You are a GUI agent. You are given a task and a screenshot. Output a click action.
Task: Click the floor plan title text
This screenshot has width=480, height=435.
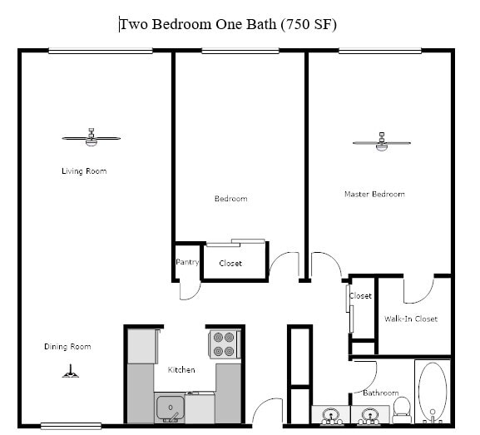tap(228, 24)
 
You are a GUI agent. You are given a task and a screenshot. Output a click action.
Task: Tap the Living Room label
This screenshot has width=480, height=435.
tap(84, 171)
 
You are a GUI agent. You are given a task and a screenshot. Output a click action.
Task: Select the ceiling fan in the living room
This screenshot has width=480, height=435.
tap(91, 137)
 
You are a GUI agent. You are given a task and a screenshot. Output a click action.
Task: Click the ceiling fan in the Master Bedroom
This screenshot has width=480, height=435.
tap(381, 142)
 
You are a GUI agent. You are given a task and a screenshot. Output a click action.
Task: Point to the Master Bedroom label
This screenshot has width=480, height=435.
tap(374, 194)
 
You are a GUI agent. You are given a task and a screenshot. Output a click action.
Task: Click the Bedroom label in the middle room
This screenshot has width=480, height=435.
tap(230, 199)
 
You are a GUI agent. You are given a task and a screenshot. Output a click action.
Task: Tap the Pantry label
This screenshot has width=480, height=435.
tap(187, 262)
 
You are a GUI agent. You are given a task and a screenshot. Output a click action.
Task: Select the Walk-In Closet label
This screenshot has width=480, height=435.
tap(410, 319)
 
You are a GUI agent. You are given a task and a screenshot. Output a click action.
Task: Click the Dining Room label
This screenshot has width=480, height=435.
tap(67, 347)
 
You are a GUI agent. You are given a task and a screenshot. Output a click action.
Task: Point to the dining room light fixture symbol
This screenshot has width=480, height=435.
tap(71, 372)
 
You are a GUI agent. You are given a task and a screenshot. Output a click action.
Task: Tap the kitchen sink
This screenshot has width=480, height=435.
tap(170, 408)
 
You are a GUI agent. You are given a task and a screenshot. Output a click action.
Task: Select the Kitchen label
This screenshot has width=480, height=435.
tap(181, 369)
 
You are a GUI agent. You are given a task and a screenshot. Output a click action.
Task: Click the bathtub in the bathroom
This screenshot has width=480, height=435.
tap(432, 392)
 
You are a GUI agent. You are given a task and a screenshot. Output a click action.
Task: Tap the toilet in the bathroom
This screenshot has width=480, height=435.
tap(402, 406)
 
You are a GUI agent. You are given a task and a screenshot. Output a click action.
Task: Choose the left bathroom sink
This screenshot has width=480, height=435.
tap(330, 414)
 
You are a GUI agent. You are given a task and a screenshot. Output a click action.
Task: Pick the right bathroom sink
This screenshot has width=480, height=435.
tap(367, 414)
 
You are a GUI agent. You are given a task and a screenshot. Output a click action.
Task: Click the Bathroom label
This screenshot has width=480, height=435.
tap(380, 393)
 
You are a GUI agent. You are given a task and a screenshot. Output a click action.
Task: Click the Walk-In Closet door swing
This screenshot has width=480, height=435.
tap(418, 289)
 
